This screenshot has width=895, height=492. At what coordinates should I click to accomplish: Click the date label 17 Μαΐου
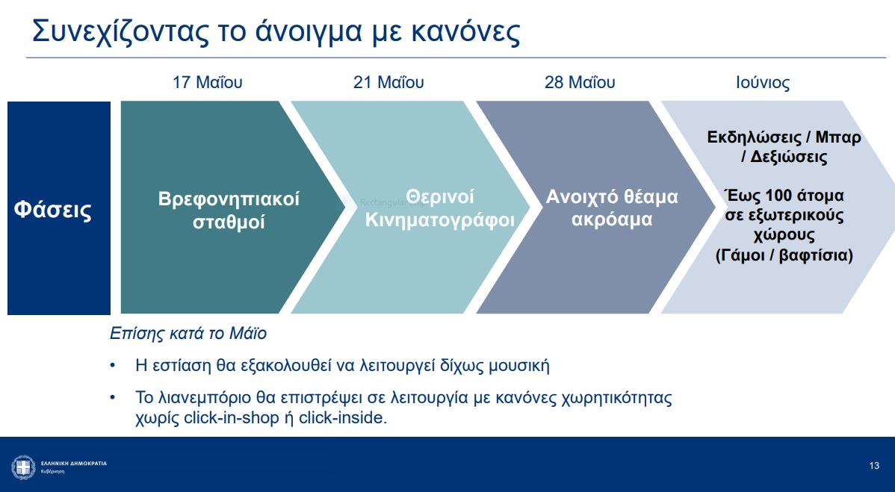(x=207, y=82)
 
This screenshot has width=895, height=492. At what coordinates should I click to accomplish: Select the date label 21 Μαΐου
(x=388, y=82)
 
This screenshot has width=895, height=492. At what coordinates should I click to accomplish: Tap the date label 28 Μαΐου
(x=580, y=82)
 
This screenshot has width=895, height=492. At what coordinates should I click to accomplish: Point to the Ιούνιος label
(x=763, y=82)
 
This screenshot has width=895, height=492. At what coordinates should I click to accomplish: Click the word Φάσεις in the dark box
(x=53, y=210)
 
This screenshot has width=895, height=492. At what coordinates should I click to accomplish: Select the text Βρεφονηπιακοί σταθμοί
(x=229, y=211)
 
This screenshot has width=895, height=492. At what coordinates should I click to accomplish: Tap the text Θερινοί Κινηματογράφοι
(x=440, y=209)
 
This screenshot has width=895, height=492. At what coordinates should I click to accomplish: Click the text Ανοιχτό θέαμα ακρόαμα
(x=612, y=208)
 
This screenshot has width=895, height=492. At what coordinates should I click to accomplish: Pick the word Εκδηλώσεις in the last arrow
(x=754, y=138)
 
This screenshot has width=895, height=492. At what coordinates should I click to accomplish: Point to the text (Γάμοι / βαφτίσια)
(x=784, y=255)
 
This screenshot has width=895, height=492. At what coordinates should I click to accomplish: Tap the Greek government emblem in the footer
(x=23, y=467)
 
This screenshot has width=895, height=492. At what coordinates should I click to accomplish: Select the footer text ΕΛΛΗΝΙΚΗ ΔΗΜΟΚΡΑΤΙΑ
(x=73, y=464)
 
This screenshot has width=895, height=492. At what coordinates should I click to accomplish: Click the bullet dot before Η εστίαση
(x=113, y=366)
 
